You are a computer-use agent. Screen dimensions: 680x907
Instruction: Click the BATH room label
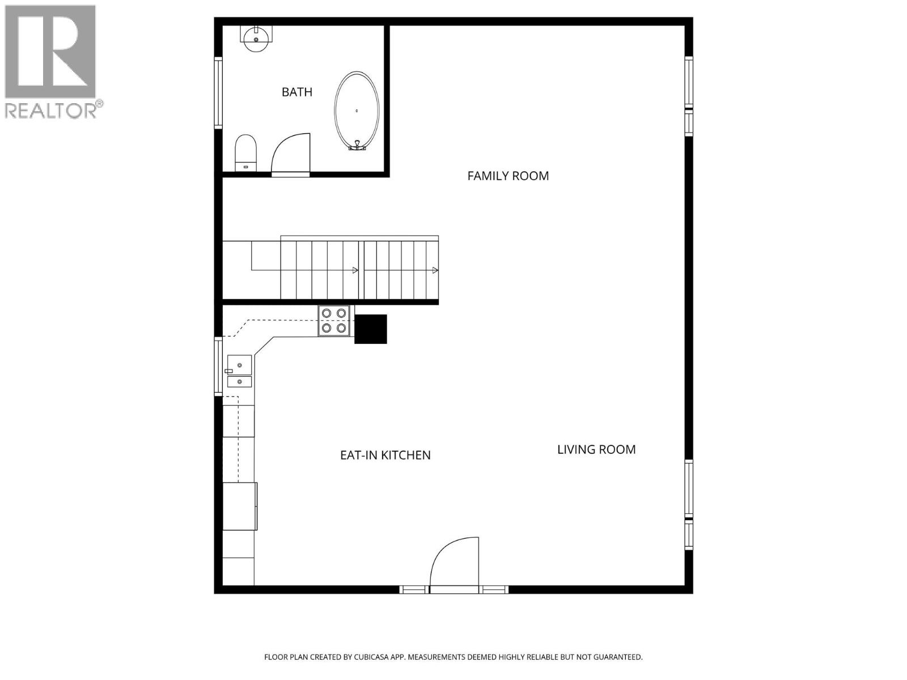[296, 92]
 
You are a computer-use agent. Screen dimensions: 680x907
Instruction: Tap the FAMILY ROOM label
[508, 176]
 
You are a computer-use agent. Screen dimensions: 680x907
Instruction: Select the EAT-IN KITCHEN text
[385, 455]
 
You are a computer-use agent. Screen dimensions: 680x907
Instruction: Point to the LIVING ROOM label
[596, 449]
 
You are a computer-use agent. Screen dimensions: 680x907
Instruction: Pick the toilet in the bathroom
[245, 152]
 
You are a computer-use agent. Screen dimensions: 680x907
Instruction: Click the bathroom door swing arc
[291, 154]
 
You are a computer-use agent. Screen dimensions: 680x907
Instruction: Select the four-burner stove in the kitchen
[334, 321]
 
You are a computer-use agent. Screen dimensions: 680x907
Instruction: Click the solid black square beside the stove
[371, 329]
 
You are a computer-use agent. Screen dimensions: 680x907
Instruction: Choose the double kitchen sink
[239, 372]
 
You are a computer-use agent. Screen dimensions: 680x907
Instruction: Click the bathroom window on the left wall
[218, 93]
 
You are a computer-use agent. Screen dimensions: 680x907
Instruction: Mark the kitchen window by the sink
[218, 366]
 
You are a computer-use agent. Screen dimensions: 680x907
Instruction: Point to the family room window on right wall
[689, 96]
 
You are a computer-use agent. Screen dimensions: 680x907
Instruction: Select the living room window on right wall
[689, 504]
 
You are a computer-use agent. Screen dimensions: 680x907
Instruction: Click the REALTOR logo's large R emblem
[50, 52]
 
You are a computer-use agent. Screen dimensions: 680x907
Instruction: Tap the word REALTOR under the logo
[51, 110]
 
